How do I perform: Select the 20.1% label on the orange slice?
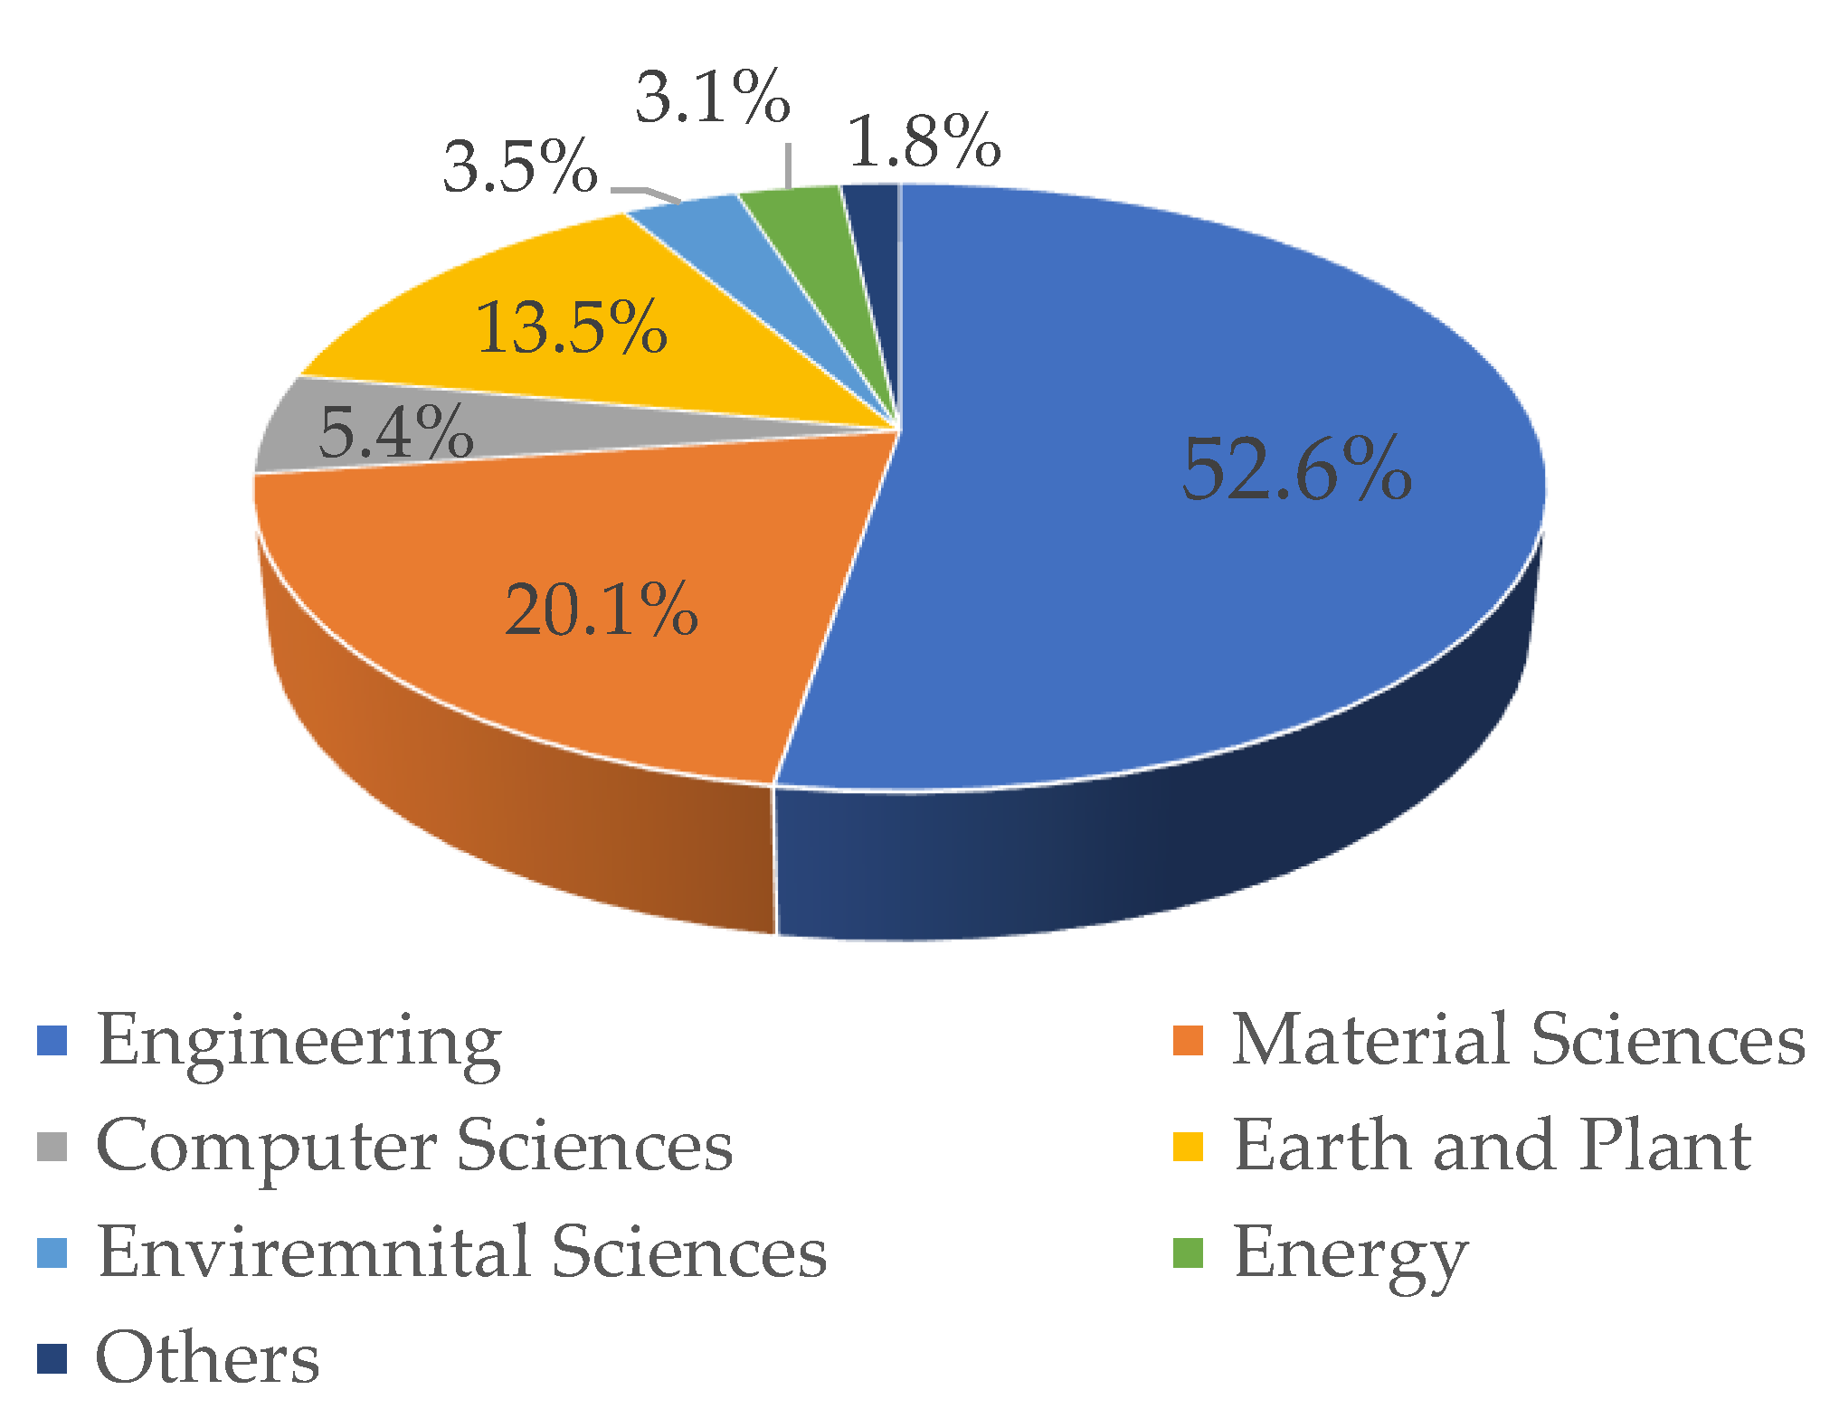coord(601,610)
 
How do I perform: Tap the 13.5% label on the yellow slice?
coord(571,326)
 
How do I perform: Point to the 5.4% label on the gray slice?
coord(396,432)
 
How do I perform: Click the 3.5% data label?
coord(520,166)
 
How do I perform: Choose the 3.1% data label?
coord(713,97)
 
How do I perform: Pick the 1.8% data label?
coord(924,141)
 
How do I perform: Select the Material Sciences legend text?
coord(1518,1040)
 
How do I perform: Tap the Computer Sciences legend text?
coord(414,1147)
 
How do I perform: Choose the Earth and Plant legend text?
coord(1493,1147)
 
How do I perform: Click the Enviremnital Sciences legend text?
coord(461,1253)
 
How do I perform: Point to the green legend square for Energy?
coord(1188,1253)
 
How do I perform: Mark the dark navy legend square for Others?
coord(52,1359)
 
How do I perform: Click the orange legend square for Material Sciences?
coord(1188,1041)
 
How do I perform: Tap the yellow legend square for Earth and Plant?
coord(1188,1147)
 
